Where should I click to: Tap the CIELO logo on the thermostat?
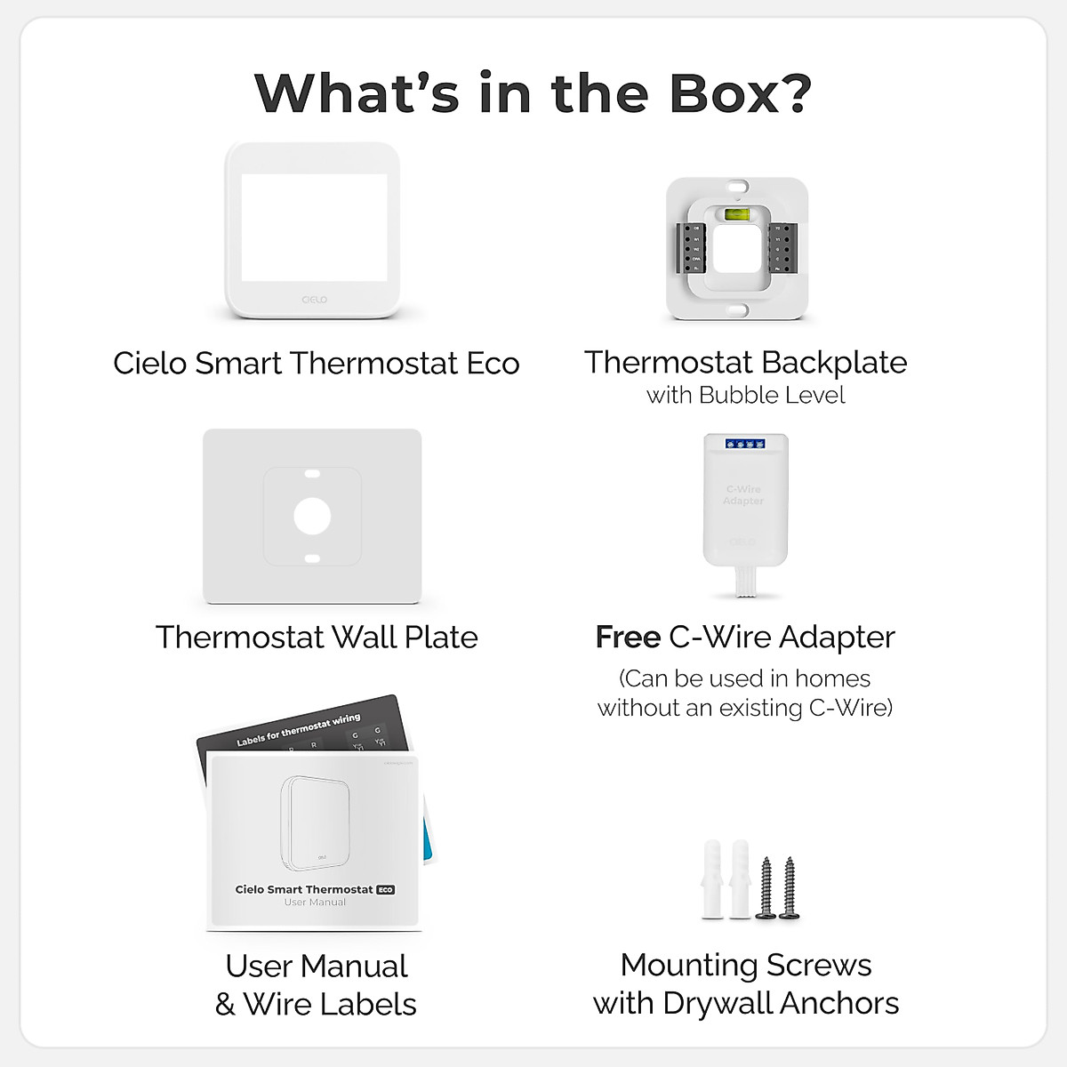pyautogui.click(x=313, y=300)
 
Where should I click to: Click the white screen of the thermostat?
pyautogui.click(x=314, y=227)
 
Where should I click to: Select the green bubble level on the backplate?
pyautogui.click(x=737, y=214)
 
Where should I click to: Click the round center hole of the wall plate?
pyautogui.click(x=312, y=517)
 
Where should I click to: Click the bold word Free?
pyautogui.click(x=628, y=637)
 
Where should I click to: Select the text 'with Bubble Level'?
pyautogui.click(x=745, y=395)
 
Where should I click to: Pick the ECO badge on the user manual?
pyautogui.click(x=385, y=889)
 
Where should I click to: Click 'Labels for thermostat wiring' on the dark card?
pyautogui.click(x=298, y=730)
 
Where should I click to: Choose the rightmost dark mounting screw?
pyautogui.click(x=787, y=886)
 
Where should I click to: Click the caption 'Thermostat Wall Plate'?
pyautogui.click(x=317, y=637)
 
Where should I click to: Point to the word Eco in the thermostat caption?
pyautogui.click(x=493, y=363)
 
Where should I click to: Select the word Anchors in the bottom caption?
pyautogui.click(x=839, y=1003)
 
